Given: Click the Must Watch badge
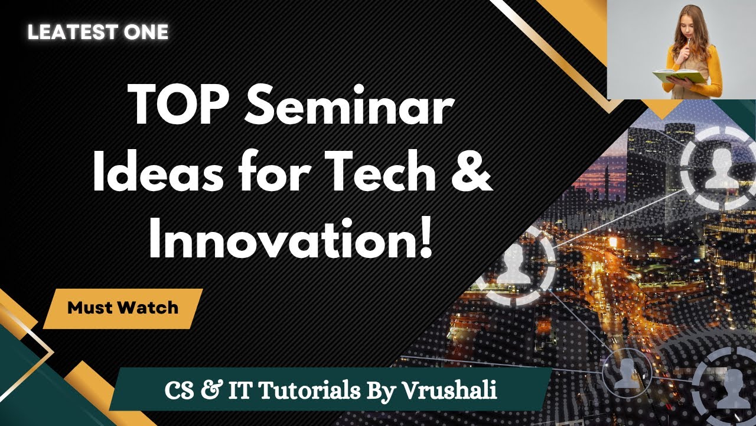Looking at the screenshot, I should coord(123,308).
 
